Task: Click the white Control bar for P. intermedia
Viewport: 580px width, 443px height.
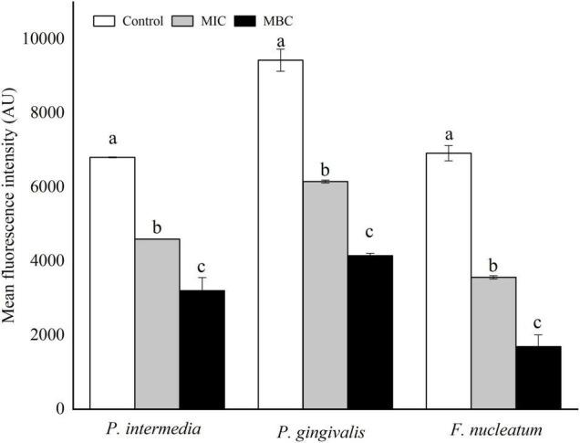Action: coord(112,283)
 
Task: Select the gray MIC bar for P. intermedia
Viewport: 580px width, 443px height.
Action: coord(157,323)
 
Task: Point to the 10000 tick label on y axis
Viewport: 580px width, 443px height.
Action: coord(57,38)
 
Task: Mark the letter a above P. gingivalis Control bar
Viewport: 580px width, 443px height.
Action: coord(281,41)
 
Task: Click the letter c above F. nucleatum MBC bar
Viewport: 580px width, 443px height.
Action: coord(538,323)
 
